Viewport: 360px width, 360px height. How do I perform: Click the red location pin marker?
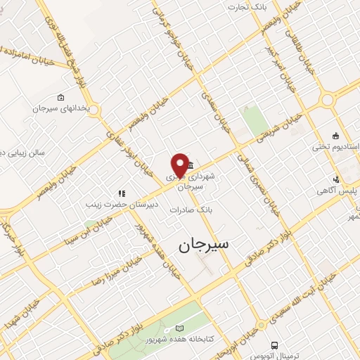(179, 163)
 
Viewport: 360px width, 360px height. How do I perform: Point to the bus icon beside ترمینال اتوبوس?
(275, 346)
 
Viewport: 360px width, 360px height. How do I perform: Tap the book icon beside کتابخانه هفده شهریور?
(179, 328)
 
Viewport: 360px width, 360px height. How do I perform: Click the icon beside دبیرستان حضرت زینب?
(121, 193)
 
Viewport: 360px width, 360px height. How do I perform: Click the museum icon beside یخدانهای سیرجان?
(60, 97)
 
